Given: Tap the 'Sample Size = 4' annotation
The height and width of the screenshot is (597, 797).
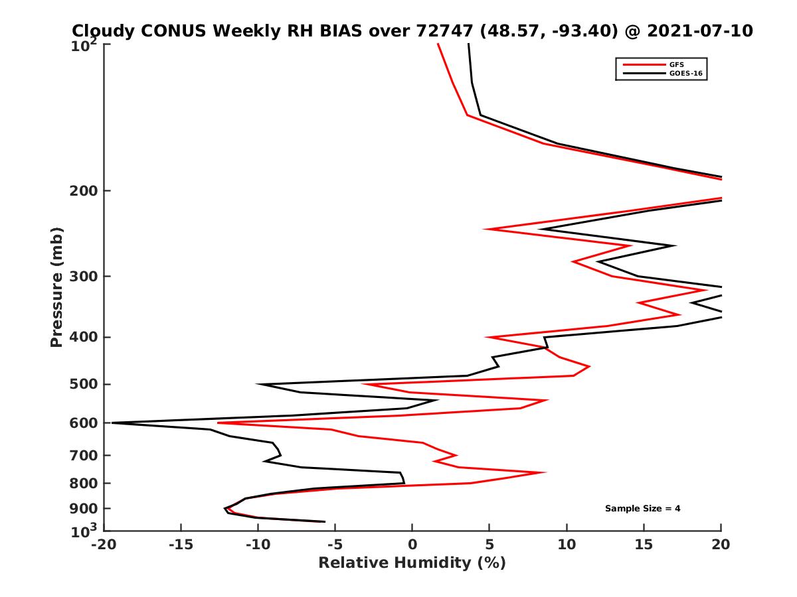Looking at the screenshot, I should click(x=642, y=509).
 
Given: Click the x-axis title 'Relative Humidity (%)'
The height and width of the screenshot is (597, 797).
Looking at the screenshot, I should click(x=412, y=563).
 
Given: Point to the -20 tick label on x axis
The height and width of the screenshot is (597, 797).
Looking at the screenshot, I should click(x=102, y=545).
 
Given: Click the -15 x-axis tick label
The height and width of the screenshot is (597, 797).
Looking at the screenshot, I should click(x=180, y=545).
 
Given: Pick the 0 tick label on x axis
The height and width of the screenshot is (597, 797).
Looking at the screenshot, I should click(x=412, y=545).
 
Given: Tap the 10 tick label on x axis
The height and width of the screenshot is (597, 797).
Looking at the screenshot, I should click(x=567, y=545).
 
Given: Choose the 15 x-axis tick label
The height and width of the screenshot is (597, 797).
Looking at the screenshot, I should click(x=644, y=545).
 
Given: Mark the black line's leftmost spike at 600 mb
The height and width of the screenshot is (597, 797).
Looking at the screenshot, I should click(x=112, y=423).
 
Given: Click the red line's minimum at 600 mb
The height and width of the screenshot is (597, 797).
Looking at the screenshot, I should click(x=219, y=423).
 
